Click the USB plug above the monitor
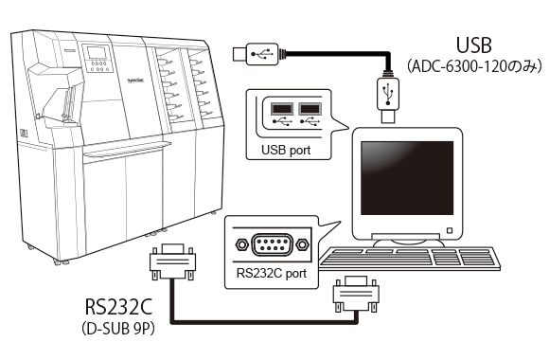(387, 99)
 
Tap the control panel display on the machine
(98, 65)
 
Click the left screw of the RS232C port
(242, 244)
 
